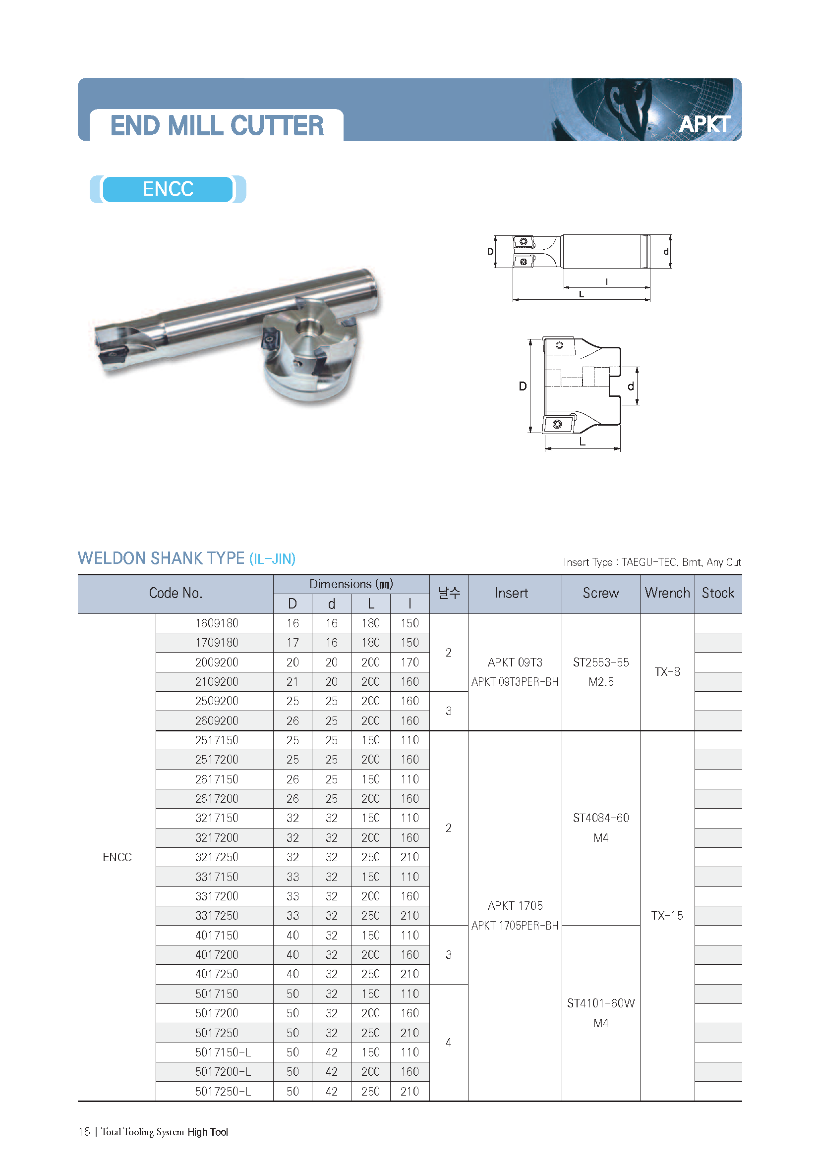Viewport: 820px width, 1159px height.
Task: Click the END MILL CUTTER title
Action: point(217,126)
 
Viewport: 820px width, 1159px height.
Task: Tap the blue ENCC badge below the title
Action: point(168,189)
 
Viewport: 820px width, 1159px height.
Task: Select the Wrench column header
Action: point(666,593)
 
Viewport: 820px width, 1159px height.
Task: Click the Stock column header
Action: point(717,593)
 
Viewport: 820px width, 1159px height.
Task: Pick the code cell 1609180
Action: point(217,623)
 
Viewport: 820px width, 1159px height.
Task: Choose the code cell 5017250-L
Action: point(223,1091)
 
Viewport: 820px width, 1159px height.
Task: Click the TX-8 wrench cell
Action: point(666,672)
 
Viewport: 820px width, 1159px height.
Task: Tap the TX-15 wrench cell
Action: point(666,916)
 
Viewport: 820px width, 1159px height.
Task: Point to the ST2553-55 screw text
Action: point(600,662)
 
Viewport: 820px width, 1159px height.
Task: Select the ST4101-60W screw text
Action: point(600,1003)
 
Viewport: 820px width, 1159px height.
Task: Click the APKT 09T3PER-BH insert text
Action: point(515,682)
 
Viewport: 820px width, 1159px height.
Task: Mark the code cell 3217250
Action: point(217,857)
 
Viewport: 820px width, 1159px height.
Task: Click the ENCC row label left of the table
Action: point(117,857)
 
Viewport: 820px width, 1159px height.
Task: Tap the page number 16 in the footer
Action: point(84,1132)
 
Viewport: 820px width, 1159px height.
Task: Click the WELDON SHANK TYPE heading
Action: point(161,558)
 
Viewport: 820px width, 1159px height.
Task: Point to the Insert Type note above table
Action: point(652,562)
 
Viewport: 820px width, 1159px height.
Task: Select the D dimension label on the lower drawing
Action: point(523,386)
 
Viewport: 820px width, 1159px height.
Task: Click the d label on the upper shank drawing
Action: point(665,251)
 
